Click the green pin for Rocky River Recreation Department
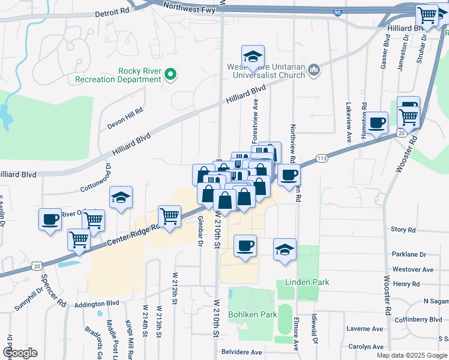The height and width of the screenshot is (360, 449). [170, 75]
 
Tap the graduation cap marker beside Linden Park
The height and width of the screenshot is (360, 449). [285, 249]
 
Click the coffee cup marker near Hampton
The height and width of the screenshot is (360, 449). [376, 122]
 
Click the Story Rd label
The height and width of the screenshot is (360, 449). [403, 230]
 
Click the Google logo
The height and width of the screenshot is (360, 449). [20, 352]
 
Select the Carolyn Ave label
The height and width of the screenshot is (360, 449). [366, 347]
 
